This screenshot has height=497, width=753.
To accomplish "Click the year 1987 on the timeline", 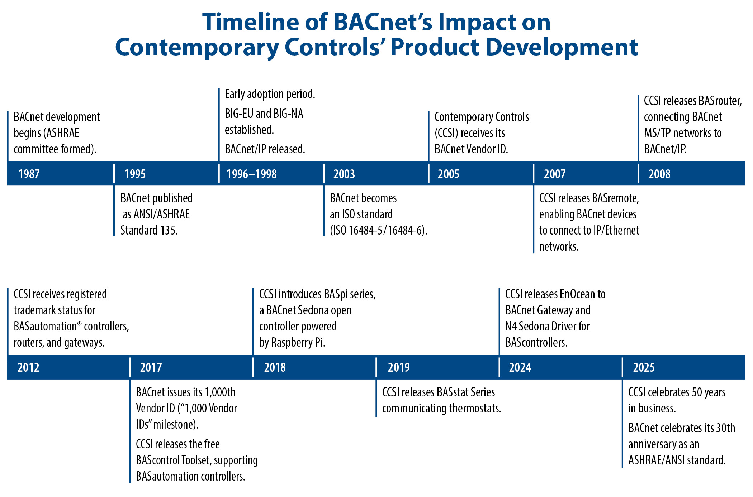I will [29, 174].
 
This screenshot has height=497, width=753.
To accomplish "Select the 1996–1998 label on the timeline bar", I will [251, 174].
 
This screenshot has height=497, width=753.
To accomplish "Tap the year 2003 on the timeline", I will [344, 174].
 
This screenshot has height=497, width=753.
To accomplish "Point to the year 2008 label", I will [659, 174].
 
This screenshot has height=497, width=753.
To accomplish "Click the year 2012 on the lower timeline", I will [28, 367].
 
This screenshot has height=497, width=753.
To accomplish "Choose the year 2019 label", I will [398, 367].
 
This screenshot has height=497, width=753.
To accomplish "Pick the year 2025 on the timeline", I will [644, 367].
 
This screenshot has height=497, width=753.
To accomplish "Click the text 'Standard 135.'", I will [149, 230].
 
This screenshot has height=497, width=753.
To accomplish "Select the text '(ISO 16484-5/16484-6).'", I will [378, 230].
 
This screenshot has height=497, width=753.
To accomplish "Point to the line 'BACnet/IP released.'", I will [265, 149].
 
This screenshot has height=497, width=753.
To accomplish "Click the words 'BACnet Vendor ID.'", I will [471, 149].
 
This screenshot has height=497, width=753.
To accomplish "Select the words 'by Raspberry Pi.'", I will [292, 343].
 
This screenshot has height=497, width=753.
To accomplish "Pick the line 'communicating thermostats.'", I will [441, 408].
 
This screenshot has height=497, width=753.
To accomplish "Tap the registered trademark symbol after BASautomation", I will [79, 323].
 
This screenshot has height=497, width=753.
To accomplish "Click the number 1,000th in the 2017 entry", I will [220, 392].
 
